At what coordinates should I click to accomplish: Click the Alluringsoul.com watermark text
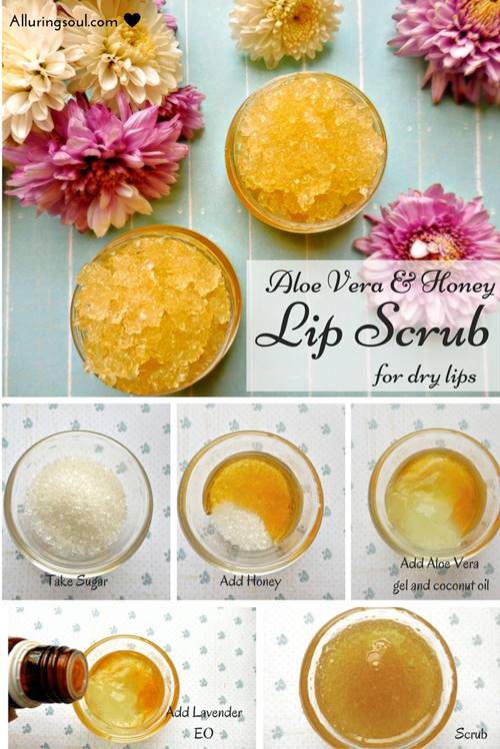63,21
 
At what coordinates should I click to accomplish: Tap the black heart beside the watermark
132,20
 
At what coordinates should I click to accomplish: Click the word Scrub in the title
422,329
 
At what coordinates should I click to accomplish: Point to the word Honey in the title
457,285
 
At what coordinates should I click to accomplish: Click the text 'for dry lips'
424,375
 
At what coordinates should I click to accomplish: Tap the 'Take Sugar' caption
77,581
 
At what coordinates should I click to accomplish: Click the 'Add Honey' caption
250,581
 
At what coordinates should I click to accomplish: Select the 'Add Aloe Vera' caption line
439,563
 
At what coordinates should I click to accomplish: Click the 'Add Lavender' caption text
204,712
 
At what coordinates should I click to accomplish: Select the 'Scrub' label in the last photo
471,733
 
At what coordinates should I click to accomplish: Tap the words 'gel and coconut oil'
441,585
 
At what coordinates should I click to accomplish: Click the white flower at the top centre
286,30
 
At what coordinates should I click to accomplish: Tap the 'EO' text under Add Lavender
204,733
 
